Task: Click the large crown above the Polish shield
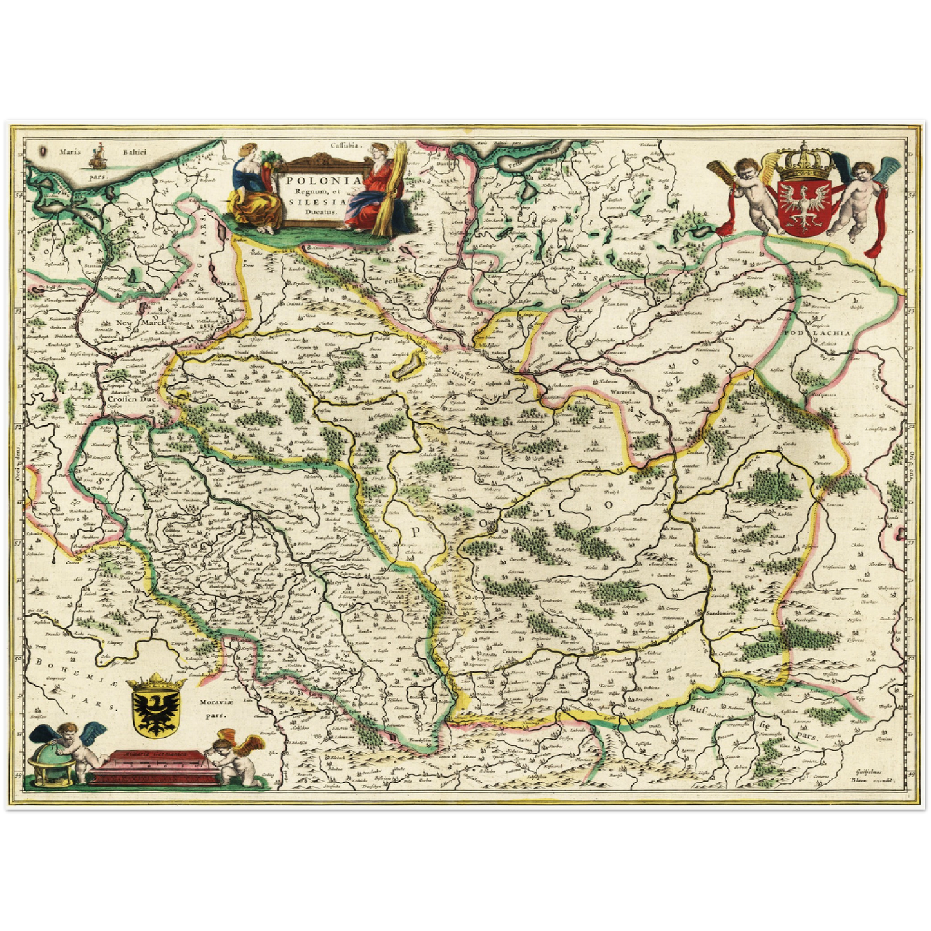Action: [805, 164]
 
